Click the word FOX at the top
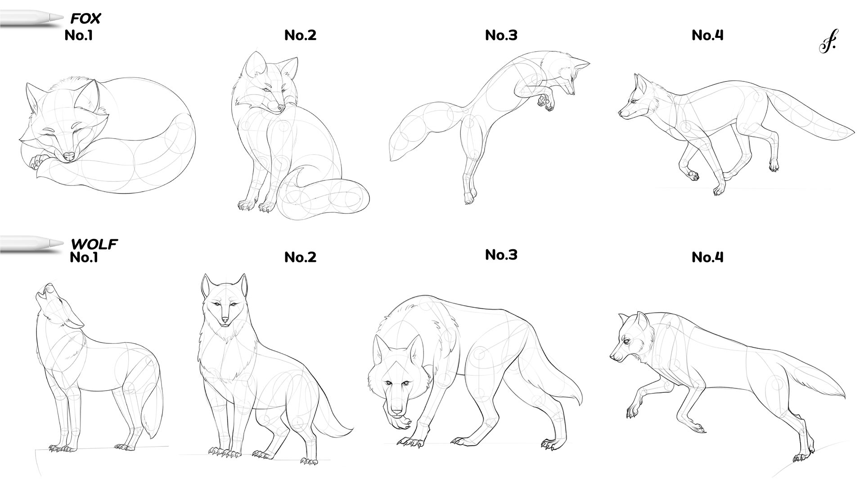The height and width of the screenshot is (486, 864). click(x=85, y=18)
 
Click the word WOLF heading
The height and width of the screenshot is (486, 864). click(x=94, y=244)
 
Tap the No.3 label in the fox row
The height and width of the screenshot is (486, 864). click(x=501, y=35)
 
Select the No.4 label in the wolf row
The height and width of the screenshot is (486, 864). click(x=707, y=257)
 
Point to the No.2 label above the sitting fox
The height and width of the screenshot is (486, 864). click(x=300, y=35)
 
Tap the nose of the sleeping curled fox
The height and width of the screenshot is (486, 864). click(x=68, y=156)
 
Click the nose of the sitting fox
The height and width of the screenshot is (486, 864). click(x=281, y=108)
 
